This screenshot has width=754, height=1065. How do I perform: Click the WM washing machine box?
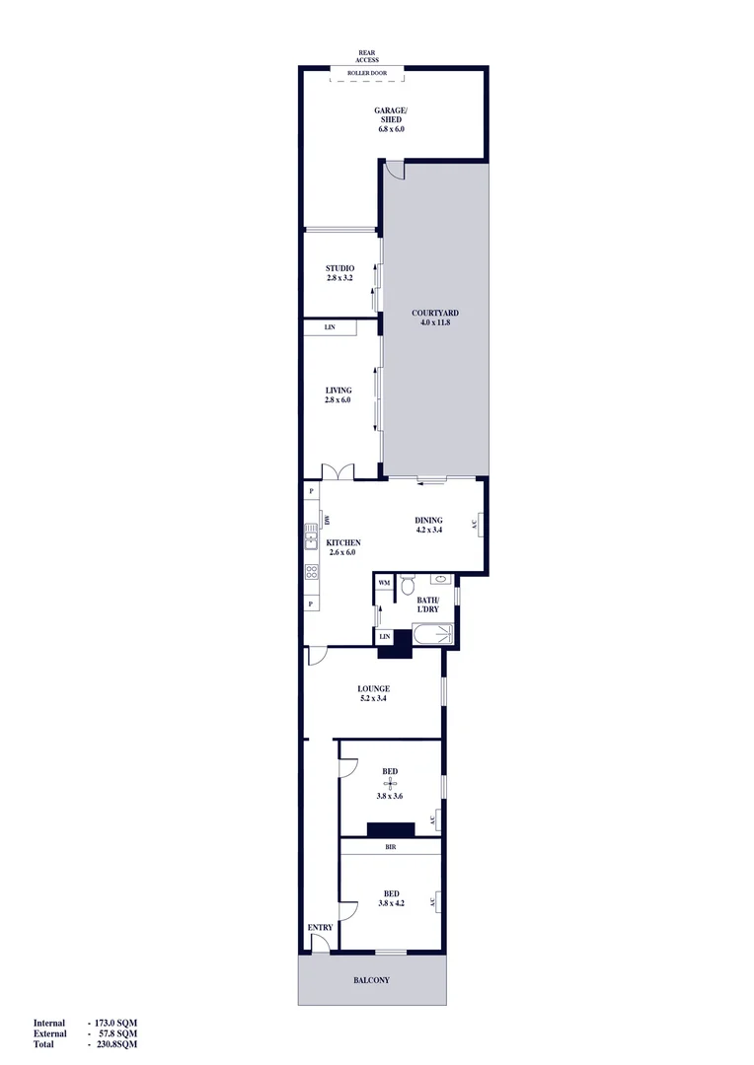(384, 583)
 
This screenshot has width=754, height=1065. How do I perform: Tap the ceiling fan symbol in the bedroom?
(390, 784)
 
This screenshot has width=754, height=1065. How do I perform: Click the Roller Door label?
(366, 73)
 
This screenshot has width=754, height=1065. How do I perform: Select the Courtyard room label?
(435, 314)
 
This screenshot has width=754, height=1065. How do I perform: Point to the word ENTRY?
(320, 928)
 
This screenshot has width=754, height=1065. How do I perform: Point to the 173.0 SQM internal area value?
(113, 1024)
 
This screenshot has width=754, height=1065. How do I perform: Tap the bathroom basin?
(439, 579)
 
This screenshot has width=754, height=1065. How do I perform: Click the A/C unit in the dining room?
(475, 524)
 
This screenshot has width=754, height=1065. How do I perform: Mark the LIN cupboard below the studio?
(329, 326)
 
